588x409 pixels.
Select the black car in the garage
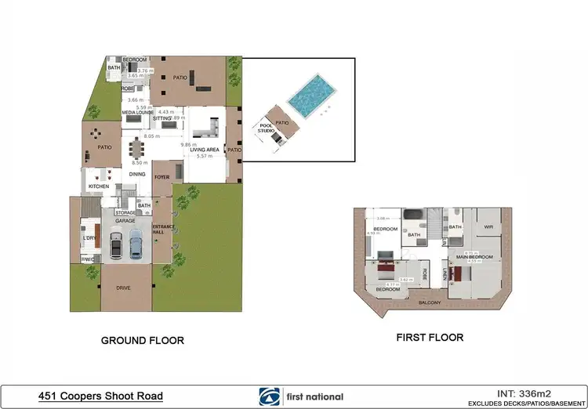point(117,247)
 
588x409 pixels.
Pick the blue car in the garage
point(136,247)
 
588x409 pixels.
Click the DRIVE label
point(124,288)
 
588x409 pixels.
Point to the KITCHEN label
point(98,186)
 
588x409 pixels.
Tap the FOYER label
point(162,177)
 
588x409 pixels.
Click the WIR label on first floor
point(488,227)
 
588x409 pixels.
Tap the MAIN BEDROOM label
point(475,257)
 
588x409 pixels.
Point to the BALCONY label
point(429,302)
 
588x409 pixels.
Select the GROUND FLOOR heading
point(143,341)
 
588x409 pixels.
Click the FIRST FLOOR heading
point(430,338)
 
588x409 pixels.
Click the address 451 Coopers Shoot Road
point(101,396)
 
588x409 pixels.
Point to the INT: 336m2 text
point(530,393)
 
